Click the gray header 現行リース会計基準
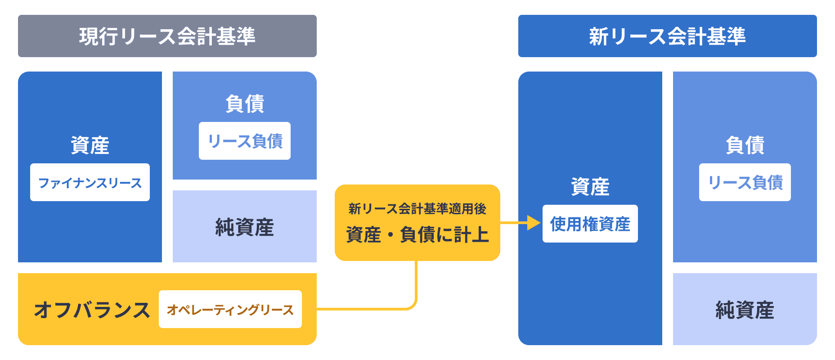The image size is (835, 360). (x=167, y=36)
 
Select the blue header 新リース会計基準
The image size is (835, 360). (x=668, y=36)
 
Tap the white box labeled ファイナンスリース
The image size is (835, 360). (x=90, y=182)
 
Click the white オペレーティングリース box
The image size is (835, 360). (x=230, y=309)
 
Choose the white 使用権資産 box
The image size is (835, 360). (x=590, y=224)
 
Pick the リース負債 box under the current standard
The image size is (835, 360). (x=245, y=141)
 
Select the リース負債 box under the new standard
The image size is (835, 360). (x=745, y=182)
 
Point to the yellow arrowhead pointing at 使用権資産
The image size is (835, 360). (x=534, y=223)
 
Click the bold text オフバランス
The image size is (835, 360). (x=92, y=310)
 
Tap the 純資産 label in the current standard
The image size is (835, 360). (x=245, y=227)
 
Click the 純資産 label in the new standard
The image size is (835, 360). (x=745, y=310)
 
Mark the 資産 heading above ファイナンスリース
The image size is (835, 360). (x=90, y=145)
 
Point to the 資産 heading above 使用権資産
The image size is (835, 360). (x=590, y=187)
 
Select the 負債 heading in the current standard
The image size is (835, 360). (x=245, y=104)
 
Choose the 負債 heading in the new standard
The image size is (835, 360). (x=745, y=145)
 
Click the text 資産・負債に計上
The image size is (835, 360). (x=417, y=234)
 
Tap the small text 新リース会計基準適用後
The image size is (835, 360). (x=417, y=209)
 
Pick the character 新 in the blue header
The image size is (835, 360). (x=599, y=36)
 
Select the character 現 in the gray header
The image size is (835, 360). (x=89, y=36)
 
